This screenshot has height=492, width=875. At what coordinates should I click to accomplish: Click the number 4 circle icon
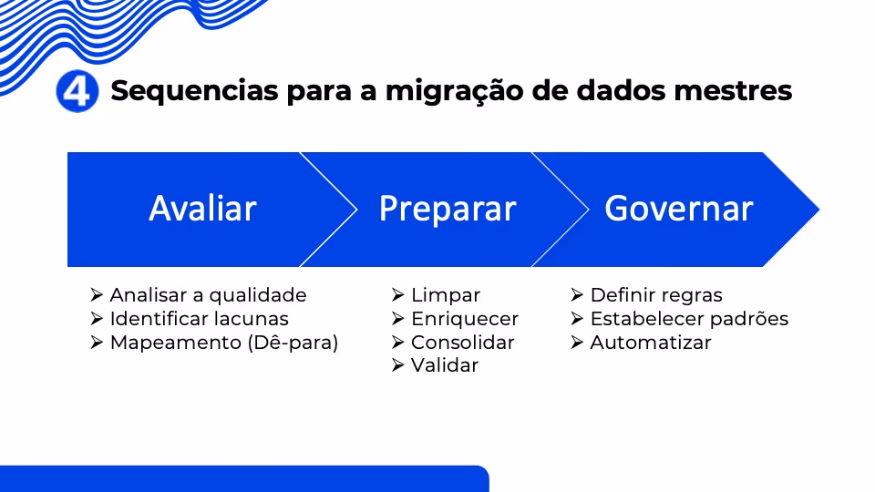click(77, 91)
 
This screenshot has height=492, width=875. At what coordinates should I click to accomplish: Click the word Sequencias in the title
click(194, 91)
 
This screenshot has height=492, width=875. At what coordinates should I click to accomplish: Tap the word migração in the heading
click(454, 91)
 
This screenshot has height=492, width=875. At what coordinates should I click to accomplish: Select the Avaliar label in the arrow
click(202, 209)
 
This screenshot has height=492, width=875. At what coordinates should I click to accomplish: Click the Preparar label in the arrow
click(448, 210)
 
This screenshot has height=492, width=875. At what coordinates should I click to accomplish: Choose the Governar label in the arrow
click(678, 209)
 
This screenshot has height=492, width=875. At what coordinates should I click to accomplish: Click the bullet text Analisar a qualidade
click(208, 295)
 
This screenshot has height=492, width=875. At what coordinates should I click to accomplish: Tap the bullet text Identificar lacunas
click(200, 319)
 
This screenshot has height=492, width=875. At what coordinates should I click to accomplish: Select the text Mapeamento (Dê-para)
click(224, 343)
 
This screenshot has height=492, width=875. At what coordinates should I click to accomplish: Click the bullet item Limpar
click(446, 295)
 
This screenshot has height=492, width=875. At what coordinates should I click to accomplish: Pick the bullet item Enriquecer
click(465, 319)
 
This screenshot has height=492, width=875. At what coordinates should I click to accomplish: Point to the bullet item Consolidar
click(463, 343)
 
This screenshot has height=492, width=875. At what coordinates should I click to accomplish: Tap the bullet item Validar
click(445, 365)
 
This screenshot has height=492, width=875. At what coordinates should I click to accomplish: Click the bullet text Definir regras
click(656, 295)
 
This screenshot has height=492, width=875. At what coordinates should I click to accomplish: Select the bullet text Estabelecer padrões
click(689, 319)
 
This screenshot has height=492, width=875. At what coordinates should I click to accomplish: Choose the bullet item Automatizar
click(651, 343)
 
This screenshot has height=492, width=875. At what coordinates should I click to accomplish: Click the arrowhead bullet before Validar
click(398, 365)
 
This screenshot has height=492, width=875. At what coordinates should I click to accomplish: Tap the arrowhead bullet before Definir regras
click(577, 294)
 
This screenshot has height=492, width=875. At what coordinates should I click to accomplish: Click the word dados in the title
click(621, 91)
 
